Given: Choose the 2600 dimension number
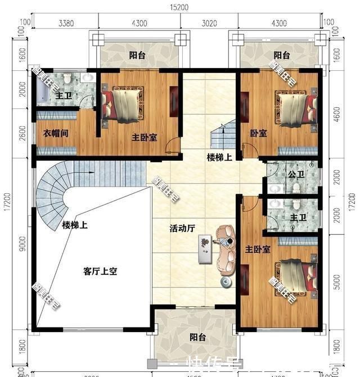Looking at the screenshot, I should coord(21,135).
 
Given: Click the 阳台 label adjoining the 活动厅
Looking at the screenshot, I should coord(197,338).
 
